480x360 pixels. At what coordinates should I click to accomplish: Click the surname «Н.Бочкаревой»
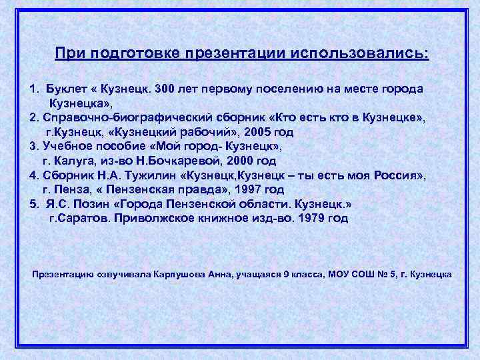pos(175,161)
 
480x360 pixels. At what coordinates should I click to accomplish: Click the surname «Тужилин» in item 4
pos(150,175)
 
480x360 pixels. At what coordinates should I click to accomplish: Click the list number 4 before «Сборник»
pos(33,175)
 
